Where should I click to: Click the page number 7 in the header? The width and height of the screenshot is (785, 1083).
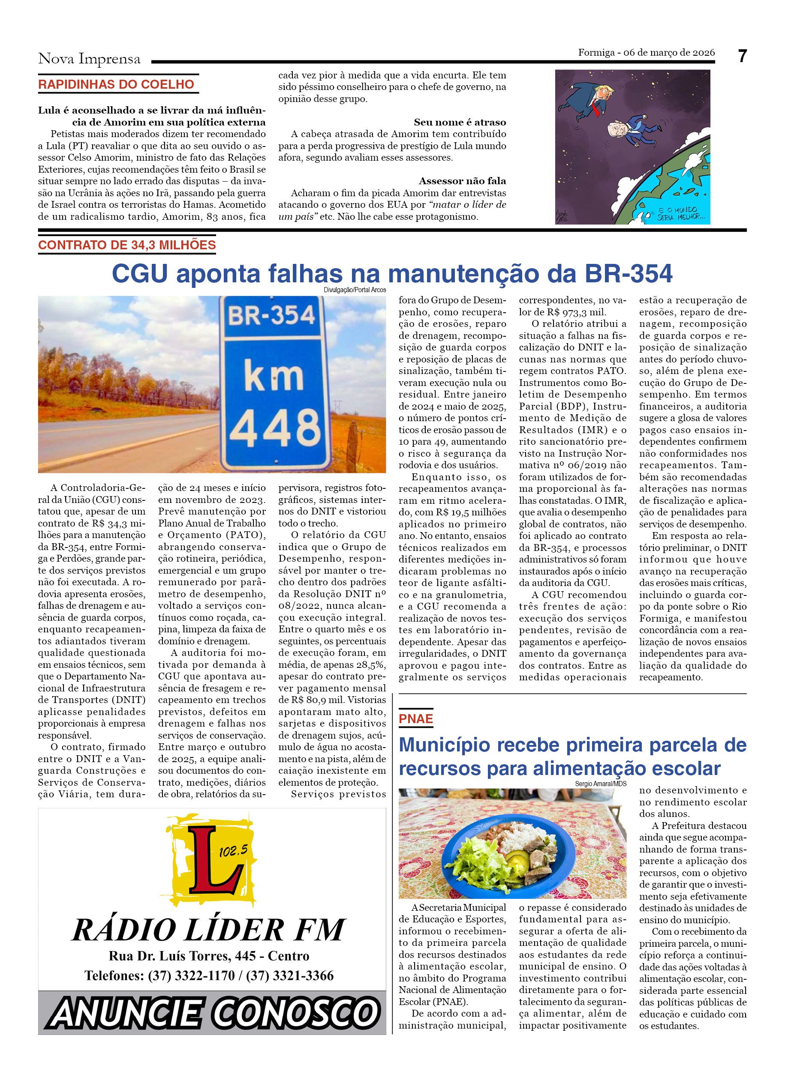pyautogui.click(x=742, y=57)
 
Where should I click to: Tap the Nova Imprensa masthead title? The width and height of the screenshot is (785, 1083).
pyautogui.click(x=89, y=59)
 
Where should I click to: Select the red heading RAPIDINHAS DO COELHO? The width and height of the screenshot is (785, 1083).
pyautogui.click(x=116, y=84)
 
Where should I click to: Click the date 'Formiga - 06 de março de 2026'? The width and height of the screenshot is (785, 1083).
pyautogui.click(x=646, y=53)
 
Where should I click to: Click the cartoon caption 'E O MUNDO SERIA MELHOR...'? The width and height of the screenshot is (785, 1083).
pyautogui.click(x=678, y=213)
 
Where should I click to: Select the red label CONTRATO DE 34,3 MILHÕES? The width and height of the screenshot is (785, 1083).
pyautogui.click(x=126, y=245)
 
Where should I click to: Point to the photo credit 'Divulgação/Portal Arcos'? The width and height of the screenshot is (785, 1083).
pyautogui.click(x=355, y=290)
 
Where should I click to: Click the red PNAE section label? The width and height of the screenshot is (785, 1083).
pyautogui.click(x=416, y=719)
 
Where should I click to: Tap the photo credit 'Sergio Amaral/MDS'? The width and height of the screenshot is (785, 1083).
pyautogui.click(x=600, y=784)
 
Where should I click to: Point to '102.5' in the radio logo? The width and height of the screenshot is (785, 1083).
pyautogui.click(x=234, y=850)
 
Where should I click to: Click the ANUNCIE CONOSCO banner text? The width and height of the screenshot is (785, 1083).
pyautogui.click(x=213, y=1013)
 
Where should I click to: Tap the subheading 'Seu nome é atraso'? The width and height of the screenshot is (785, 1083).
pyautogui.click(x=460, y=122)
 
